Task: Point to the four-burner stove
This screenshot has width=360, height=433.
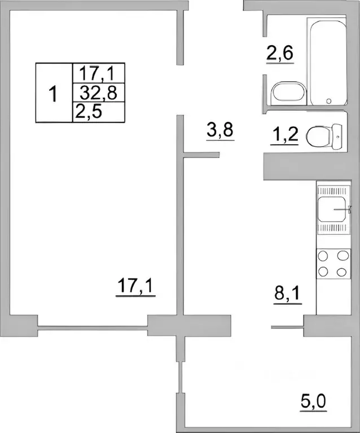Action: click(x=332, y=264)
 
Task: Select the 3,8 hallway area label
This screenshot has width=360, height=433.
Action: click(x=220, y=132)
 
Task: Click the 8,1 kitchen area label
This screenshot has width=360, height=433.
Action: click(x=287, y=294)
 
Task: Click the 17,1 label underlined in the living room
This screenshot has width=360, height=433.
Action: click(x=135, y=286)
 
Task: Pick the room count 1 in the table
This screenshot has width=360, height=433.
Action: click(x=54, y=93)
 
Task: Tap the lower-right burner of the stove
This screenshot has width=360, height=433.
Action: click(x=341, y=272)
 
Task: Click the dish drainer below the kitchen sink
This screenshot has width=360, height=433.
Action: click(x=332, y=228)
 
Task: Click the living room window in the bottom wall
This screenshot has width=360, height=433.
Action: click(x=94, y=325)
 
